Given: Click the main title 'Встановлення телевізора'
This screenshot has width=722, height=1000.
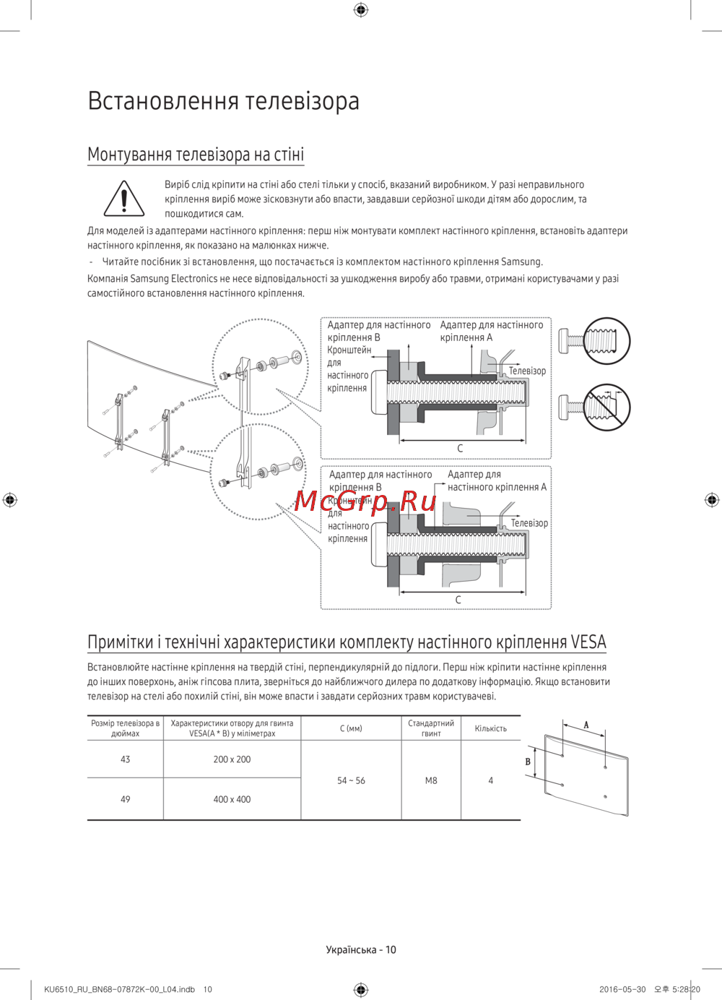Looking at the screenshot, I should (223, 100).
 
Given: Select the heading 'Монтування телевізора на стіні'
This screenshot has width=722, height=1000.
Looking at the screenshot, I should (196, 154).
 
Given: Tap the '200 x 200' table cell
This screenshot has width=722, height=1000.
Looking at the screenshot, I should (232, 759).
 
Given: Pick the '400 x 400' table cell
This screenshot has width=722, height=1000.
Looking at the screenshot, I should (232, 799).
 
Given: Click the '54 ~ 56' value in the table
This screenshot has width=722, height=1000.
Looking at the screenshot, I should (351, 780).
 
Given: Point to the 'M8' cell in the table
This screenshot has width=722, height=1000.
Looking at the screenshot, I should (431, 780).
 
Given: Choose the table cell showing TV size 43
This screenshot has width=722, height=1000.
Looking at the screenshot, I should (126, 759).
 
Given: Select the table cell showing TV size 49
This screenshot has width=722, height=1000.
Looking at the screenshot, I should (126, 799).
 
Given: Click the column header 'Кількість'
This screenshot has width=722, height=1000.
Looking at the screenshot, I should (490, 728).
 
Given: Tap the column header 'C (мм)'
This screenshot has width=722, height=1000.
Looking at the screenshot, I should (351, 728).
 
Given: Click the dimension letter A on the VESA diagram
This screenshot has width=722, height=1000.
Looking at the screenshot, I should (586, 725).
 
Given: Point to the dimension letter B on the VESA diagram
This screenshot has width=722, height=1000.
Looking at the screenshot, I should (528, 762).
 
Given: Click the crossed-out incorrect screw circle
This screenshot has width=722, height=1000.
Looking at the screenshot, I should (606, 407).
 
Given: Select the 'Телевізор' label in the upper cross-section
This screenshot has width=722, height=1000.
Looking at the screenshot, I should (527, 371).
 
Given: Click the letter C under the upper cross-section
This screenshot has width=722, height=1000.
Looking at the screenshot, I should (460, 449).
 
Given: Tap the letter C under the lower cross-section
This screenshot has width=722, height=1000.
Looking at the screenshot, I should (458, 600).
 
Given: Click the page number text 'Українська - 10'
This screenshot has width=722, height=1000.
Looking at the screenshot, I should (361, 949).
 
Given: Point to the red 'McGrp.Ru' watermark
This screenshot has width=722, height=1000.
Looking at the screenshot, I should (365, 500).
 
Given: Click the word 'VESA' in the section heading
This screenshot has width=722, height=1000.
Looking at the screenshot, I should (588, 642).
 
